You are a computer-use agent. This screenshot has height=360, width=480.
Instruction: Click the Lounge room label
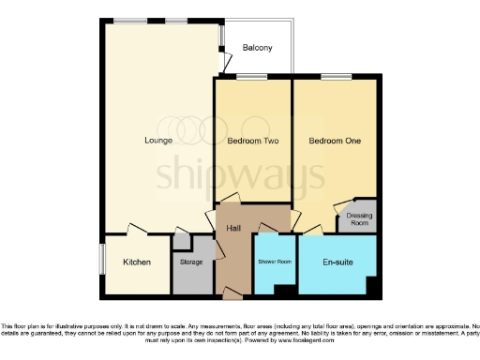tap(157, 142)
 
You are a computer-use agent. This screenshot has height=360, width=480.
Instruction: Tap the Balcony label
tap(258, 48)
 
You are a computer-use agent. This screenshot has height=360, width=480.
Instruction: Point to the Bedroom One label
tap(335, 142)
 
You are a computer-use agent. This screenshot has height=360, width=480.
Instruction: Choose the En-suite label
tap(337, 262)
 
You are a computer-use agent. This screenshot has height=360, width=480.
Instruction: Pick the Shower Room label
tap(275, 262)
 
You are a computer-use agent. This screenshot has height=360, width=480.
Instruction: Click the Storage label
tap(191, 262)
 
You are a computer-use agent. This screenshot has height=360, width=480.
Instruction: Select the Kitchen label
tap(137, 262)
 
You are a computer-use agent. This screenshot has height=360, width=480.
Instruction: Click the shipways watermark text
tap(240, 172)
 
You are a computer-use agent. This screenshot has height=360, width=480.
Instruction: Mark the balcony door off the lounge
tap(225, 59)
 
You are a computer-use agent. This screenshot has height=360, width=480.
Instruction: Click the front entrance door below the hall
tap(230, 295)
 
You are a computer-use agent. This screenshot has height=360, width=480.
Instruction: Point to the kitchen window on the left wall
tap(102, 260)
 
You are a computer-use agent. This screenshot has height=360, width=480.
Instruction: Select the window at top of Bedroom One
tap(335, 78)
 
